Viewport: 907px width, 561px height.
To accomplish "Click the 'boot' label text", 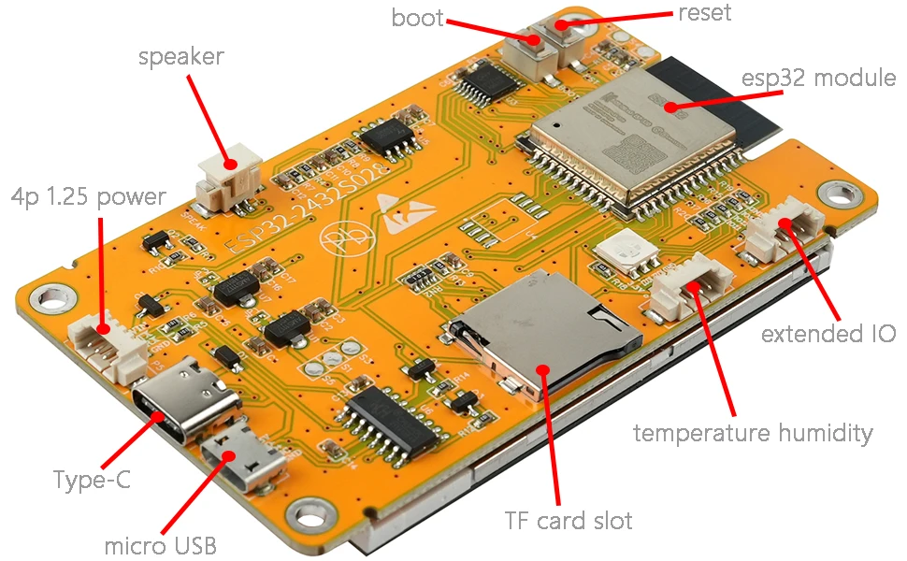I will pos(417,18).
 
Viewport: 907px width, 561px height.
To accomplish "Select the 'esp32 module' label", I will pos(818,77).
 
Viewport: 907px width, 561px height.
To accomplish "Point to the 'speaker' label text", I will pos(181,57).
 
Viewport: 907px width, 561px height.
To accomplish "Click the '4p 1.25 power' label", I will pos(88,197).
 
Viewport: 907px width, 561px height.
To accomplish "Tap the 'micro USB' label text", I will pos(161,544).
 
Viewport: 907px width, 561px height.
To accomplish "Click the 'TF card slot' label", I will pos(569,520).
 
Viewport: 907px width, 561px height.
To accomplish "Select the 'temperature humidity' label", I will pos(753,433).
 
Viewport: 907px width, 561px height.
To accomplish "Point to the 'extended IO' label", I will pos(828,334).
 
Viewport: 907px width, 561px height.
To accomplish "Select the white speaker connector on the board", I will pos(228,175).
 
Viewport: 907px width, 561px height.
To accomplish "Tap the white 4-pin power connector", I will pos(108,343).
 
